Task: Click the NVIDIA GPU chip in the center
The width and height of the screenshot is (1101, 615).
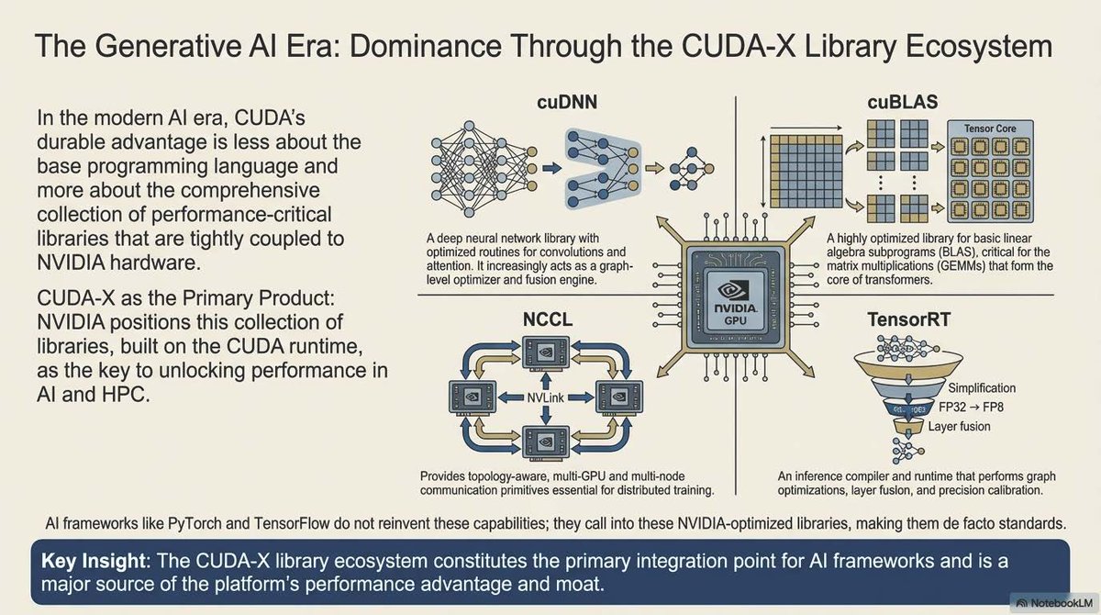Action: (735, 294)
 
